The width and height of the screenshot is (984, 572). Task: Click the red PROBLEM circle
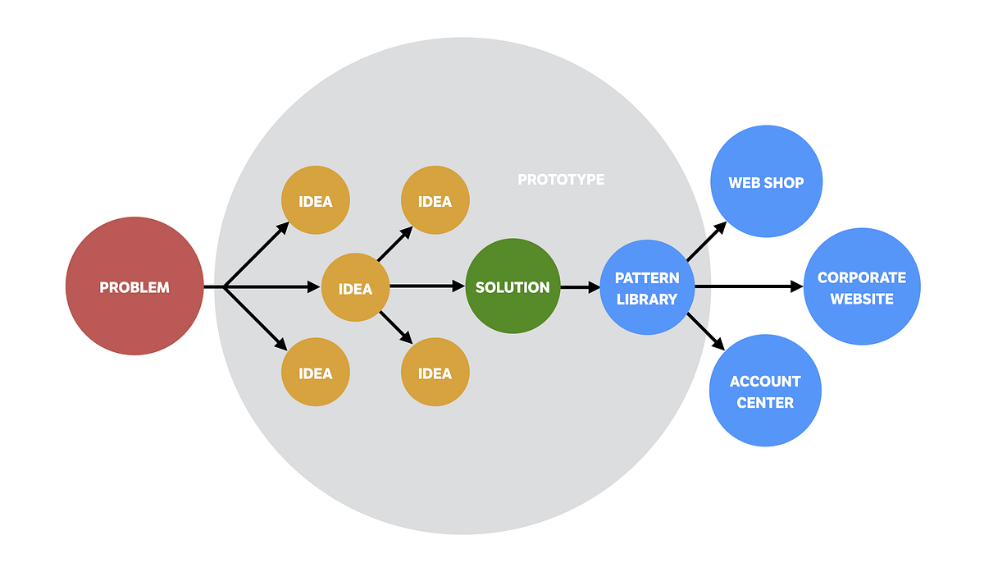tap(134, 286)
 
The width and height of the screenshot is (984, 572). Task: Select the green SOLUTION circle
tap(512, 286)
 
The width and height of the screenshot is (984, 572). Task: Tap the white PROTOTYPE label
tap(561, 179)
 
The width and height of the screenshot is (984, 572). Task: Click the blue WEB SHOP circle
tap(766, 182)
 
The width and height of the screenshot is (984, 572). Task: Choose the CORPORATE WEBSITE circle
tap(862, 286)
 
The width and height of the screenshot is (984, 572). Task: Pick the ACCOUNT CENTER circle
tap(765, 391)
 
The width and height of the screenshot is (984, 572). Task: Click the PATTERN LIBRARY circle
tap(647, 286)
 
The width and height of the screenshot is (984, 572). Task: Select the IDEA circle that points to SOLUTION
tap(355, 287)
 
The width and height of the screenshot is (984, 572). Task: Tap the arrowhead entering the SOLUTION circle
tap(459, 286)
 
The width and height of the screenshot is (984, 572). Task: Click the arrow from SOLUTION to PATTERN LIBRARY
tap(581, 287)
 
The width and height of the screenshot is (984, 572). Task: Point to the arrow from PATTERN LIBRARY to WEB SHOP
tap(706, 241)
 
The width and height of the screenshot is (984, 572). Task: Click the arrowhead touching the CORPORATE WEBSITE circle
tap(797, 286)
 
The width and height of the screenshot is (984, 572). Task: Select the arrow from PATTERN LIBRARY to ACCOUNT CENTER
tap(706, 332)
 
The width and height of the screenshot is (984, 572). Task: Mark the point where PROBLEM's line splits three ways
tap(224, 286)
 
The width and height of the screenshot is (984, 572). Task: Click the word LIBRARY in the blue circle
tap(647, 299)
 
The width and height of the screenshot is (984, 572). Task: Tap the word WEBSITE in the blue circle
tap(862, 299)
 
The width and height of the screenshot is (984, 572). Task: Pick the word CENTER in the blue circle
tap(765, 402)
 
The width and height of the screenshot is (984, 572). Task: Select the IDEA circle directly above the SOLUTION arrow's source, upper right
tap(435, 201)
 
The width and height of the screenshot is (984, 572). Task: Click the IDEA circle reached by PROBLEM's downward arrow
tap(316, 373)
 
